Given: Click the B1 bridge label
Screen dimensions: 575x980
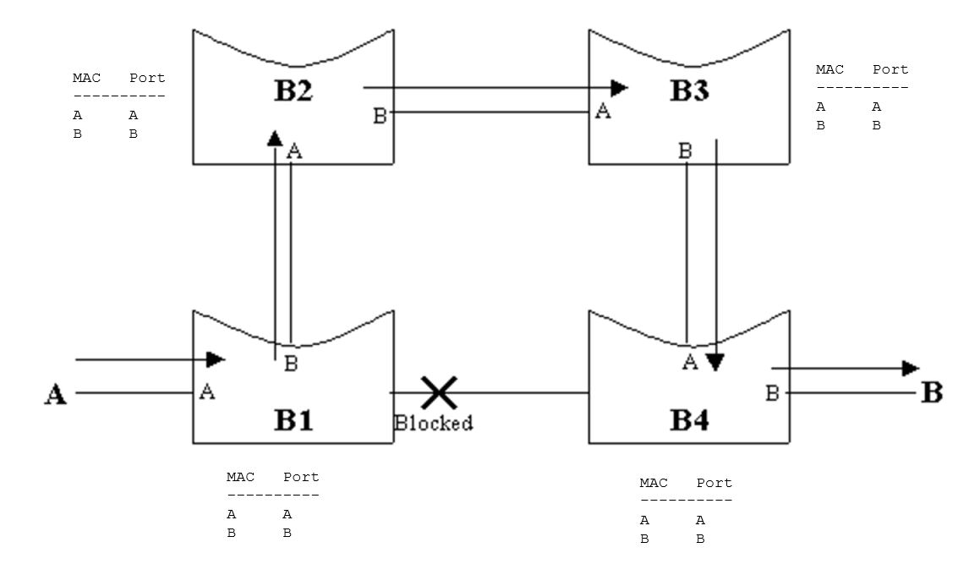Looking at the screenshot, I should [293, 419].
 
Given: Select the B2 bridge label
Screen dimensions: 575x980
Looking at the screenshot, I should [293, 91].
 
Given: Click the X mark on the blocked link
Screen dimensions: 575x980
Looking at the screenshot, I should [440, 392].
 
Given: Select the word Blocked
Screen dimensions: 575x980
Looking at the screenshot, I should [434, 423].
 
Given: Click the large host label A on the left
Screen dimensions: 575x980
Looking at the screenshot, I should [55, 395].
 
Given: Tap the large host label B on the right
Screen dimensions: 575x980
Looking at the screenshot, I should [931, 392].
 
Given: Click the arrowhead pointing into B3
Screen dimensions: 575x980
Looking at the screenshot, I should [620, 87].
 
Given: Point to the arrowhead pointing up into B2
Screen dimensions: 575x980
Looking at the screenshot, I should [275, 138].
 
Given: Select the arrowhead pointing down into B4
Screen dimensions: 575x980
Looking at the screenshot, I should [715, 362].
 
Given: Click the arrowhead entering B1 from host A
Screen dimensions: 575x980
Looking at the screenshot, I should [216, 359].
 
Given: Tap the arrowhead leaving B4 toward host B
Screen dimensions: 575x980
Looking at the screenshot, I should [911, 368].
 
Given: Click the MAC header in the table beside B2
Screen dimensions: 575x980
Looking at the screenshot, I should [86, 78].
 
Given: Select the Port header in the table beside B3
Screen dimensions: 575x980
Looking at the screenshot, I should [890, 69].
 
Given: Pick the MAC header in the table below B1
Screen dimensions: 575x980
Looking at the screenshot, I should [240, 477].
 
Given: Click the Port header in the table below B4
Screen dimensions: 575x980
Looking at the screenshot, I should [714, 483].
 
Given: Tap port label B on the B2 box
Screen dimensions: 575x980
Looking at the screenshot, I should [380, 116].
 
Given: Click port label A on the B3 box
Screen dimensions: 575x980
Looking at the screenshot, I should [603, 111].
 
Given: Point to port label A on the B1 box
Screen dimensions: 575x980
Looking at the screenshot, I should [206, 392].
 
